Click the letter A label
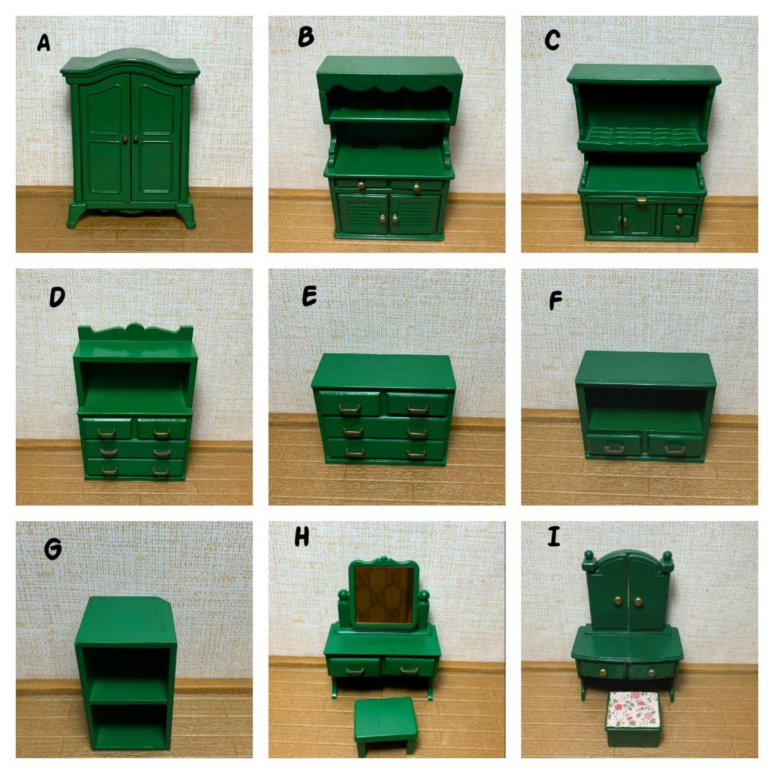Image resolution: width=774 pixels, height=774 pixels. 44,43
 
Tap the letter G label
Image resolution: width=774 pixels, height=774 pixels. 53,548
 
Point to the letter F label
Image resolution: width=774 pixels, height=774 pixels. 555,300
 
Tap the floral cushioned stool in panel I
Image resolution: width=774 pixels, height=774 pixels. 632,717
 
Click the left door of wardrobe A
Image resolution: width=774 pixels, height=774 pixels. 105,137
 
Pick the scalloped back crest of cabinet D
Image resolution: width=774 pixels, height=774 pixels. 135,333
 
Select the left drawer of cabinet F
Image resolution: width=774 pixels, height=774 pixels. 615,445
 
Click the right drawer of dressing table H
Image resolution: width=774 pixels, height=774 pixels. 409,667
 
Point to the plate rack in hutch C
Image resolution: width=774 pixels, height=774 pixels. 642,134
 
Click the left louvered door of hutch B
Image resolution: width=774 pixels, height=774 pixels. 363,213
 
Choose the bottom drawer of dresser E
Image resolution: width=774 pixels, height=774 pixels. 386,449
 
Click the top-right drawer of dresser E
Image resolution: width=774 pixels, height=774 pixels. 418,403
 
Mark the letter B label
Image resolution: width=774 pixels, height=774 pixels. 306,37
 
